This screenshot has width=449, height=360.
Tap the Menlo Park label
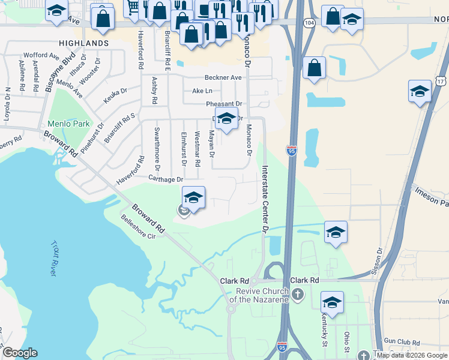tap(69, 124)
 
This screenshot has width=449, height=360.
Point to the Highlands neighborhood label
tap(84, 43)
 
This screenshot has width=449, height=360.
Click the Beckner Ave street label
tap(223, 78)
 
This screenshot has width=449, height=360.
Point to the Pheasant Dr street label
tap(223, 104)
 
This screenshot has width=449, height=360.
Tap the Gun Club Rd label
tap(402, 341)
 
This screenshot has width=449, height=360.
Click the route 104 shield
tap(309, 22)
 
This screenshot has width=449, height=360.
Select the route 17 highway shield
tap(441, 80)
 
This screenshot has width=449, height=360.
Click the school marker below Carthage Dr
tap(193, 197)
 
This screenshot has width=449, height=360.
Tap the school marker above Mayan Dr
tap(226, 119)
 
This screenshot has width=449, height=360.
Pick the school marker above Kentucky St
tap(331, 302)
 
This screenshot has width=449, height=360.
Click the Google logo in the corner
tap(20, 353)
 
